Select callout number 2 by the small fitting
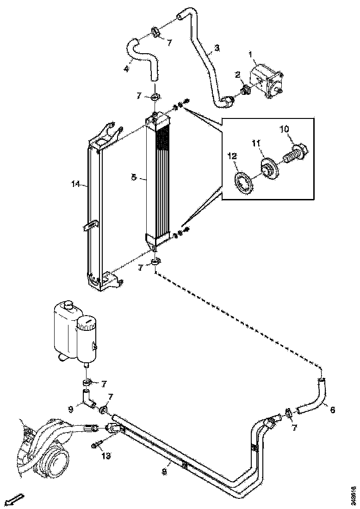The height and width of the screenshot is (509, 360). [237, 74]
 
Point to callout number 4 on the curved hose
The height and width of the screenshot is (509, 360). [126, 69]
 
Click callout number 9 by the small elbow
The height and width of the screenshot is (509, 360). [71, 409]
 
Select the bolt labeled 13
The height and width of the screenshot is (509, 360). [96, 446]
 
